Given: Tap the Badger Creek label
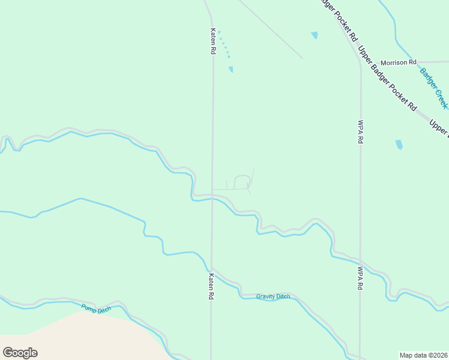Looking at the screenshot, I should pyautogui.click(x=433, y=88).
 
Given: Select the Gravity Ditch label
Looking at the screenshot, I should pyautogui.click(x=273, y=296).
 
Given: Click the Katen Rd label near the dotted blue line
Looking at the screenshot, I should pyautogui.click(x=212, y=41).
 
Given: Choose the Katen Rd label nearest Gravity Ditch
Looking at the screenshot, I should pyautogui.click(x=211, y=286).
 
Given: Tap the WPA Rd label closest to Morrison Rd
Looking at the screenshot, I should pyautogui.click(x=361, y=131).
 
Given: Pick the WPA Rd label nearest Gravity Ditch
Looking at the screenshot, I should pyautogui.click(x=361, y=278).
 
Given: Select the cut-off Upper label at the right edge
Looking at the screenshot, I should pyautogui.click(x=439, y=127).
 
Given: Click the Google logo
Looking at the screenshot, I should pyautogui.click(x=20, y=353).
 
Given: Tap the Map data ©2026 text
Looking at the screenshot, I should pyautogui.click(x=424, y=355).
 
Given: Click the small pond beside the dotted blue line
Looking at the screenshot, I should pyautogui.click(x=231, y=70).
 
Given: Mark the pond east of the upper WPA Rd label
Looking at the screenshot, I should pyautogui.click(x=399, y=145).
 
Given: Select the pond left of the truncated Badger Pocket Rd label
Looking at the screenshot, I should pyautogui.click(x=315, y=35).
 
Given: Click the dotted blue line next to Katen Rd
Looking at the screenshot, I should pyautogui.click(x=224, y=44).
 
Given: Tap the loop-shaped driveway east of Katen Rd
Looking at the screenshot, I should pyautogui.click(x=241, y=182).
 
